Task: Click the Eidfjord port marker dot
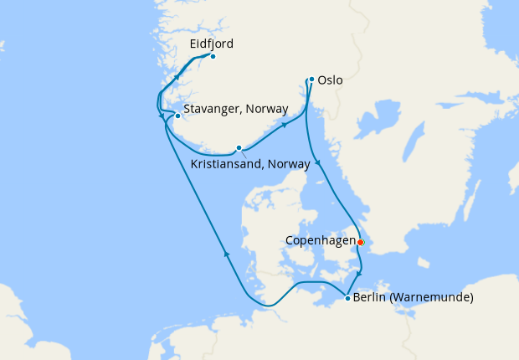pos(213,56)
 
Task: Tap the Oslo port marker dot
pos(311,80)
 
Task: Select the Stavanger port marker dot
pos(177,116)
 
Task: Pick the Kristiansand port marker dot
pos(239,148)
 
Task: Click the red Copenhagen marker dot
pos(360,242)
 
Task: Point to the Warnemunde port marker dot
pos(347,298)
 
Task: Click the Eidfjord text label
pos(211,44)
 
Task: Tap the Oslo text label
pos(331,82)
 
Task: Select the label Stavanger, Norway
pos(235,109)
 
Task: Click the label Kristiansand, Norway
pos(250,164)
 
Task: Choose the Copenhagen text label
pos(320,240)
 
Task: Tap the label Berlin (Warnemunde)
pos(414,298)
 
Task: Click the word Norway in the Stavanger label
pos(266,109)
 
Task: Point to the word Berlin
pos(369,298)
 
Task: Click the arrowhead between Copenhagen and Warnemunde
pos(359,274)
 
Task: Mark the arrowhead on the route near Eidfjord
pos(177,76)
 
